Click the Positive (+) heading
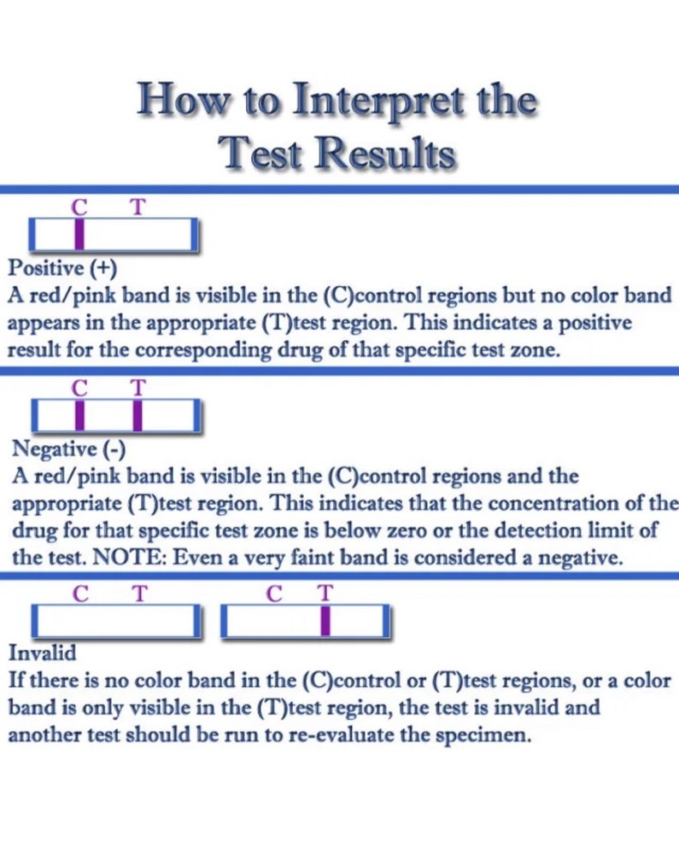pos(62,268)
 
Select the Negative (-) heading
pos(68,449)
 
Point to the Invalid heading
pos(43,652)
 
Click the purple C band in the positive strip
pos(79,234)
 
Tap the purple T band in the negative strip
pos(138,416)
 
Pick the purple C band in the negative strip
pos(80,416)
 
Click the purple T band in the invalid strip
pos(325,620)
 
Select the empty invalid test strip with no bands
pos(116,620)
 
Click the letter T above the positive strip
pos(138,207)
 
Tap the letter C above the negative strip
pos(79,389)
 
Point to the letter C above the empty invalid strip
pos(80,594)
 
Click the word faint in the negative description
pos(313,557)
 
